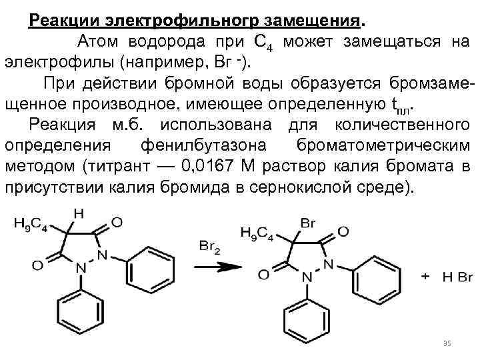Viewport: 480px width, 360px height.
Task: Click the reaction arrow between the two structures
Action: click(217, 265)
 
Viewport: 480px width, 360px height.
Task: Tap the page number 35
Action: click(447, 343)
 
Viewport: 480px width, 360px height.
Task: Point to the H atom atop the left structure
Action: click(79, 214)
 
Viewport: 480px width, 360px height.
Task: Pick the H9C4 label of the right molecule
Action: click(256, 233)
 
